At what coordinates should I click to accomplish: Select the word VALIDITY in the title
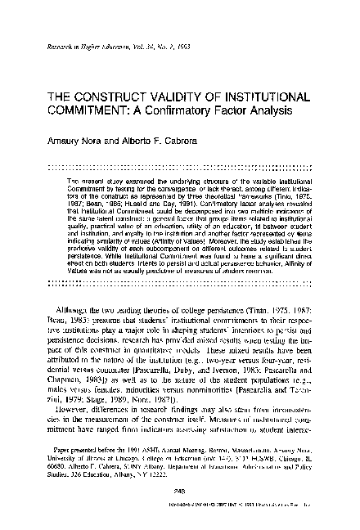click(x=176, y=95)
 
